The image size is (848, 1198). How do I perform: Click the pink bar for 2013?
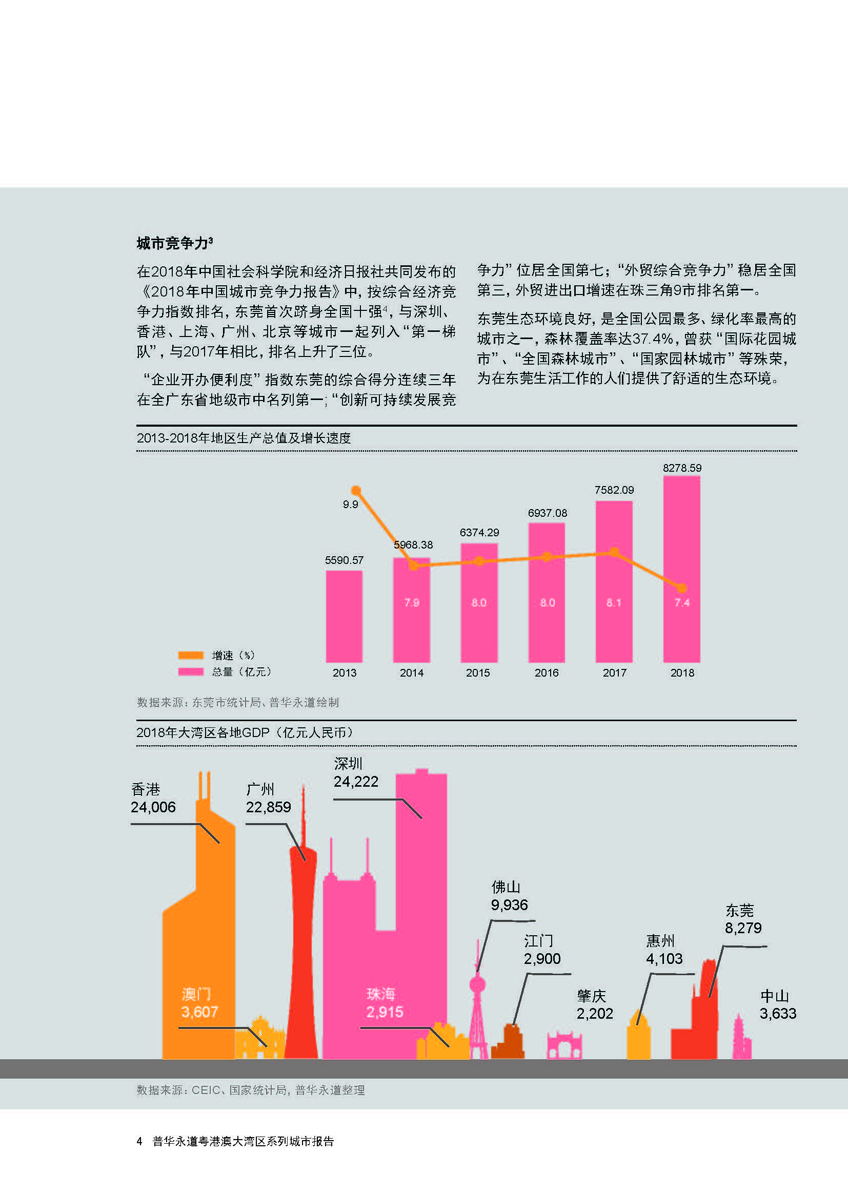pyautogui.click(x=344, y=616)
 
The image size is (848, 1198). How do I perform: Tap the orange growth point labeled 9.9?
pyautogui.click(x=356, y=491)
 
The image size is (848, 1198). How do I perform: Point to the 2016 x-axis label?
pyautogui.click(x=546, y=673)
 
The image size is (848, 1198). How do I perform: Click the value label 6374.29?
pyautogui.click(x=479, y=533)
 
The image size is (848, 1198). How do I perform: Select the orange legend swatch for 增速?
pyautogui.click(x=191, y=656)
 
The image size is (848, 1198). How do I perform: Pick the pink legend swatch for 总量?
pyautogui.click(x=191, y=671)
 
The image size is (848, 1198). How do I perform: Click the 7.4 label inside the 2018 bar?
pyautogui.click(x=682, y=603)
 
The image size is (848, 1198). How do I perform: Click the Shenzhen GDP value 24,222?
pyautogui.click(x=356, y=782)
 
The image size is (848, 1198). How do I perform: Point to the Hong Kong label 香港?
pyautogui.click(x=146, y=789)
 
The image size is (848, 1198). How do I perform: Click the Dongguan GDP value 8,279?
pyautogui.click(x=743, y=928)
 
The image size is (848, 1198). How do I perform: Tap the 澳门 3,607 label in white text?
pyautogui.click(x=199, y=1003)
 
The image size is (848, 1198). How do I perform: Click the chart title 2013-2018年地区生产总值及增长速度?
pyautogui.click(x=244, y=438)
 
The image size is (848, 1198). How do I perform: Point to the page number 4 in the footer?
pyautogui.click(x=139, y=1142)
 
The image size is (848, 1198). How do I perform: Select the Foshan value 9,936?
pyautogui.click(x=509, y=905)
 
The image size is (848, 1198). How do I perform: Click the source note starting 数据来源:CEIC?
pyautogui.click(x=251, y=1090)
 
